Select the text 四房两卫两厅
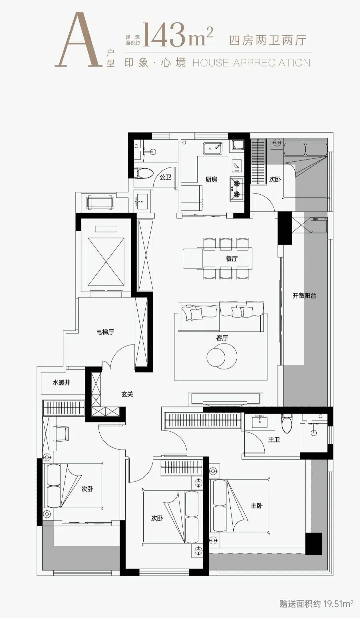268,40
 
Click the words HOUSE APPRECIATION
251,63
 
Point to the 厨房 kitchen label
211,179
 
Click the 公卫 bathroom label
165,177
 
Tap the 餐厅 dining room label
232,258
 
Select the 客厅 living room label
222,338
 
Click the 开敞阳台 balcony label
304,295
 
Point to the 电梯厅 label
105,332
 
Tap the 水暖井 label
62,383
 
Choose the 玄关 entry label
127,394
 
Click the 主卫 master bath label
274,440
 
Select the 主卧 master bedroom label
257,506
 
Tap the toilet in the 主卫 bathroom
287,423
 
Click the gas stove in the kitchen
237,188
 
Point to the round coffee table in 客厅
222,356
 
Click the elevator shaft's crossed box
106,262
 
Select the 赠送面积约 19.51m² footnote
316,604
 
